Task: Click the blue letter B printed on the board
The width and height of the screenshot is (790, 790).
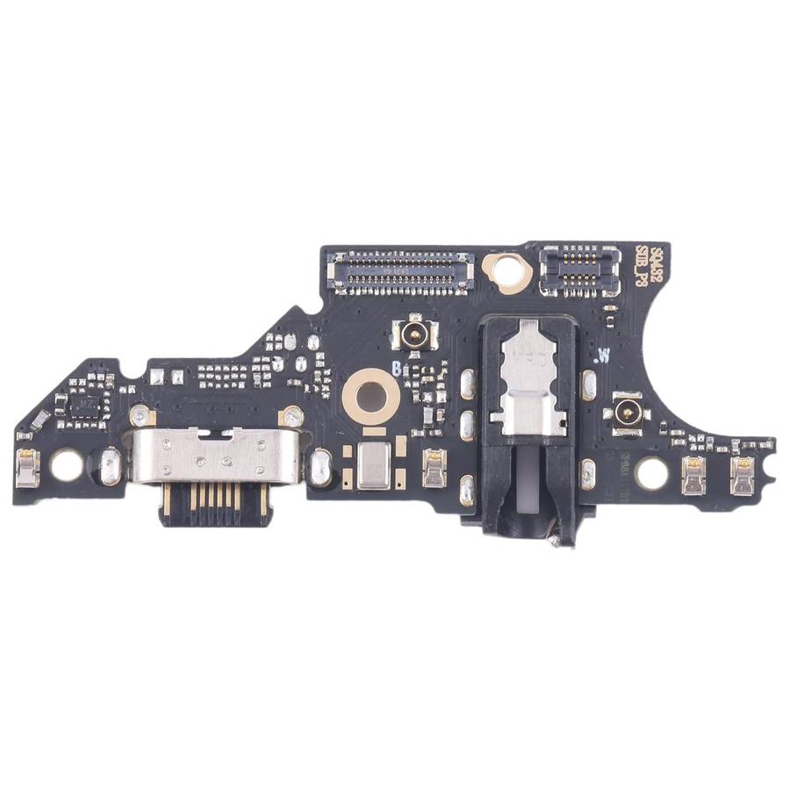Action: click(x=397, y=370)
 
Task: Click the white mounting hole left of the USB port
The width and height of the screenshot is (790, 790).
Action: click(x=66, y=464)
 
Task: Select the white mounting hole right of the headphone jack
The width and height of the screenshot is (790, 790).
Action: click(x=651, y=474)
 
